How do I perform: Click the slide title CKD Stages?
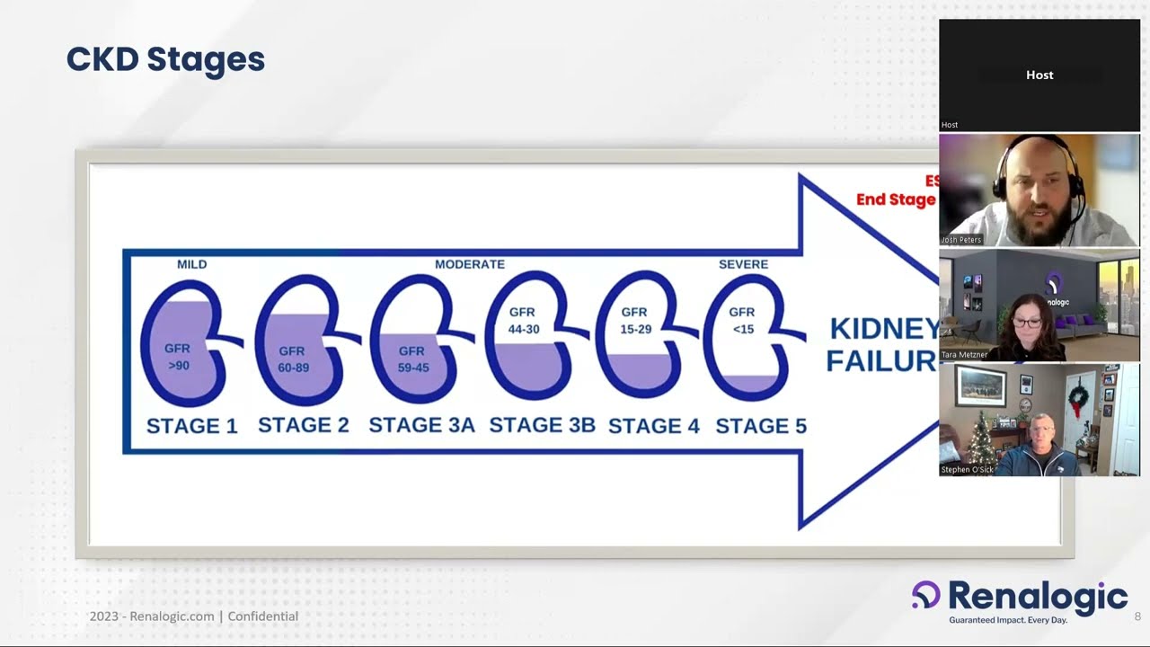coord(165,59)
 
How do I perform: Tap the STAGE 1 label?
coord(191,426)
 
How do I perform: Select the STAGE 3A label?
coord(421,425)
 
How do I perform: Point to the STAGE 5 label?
coord(761,426)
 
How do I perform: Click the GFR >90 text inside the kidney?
coord(177,357)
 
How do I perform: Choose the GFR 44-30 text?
coord(523,321)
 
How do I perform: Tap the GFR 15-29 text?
coord(635,321)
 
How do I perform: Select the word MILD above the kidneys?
coord(191,264)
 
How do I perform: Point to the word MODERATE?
coord(469,264)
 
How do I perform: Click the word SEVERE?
coord(743,264)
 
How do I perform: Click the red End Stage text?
coord(896,199)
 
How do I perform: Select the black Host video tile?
coord(1039,75)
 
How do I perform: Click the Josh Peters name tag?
coord(961,240)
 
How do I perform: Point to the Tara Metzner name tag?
coord(964,355)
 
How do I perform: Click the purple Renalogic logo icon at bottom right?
coord(925,595)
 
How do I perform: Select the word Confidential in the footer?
coord(262,616)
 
